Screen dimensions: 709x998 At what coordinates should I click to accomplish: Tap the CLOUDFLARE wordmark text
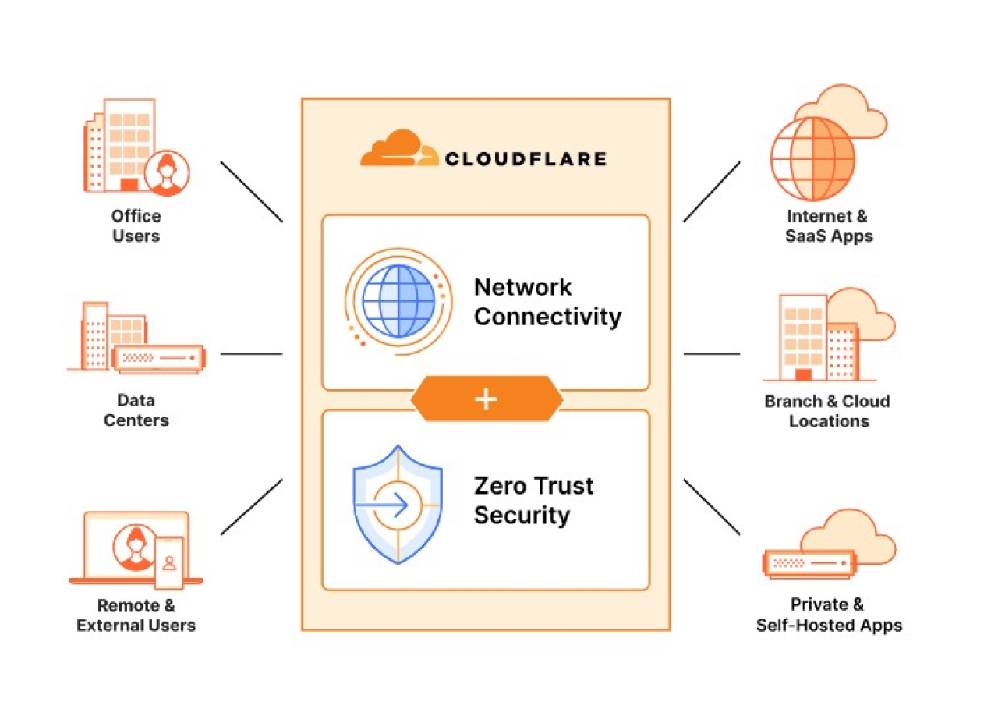pyautogui.click(x=526, y=159)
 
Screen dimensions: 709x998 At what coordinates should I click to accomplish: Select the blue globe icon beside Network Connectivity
pyautogui.click(x=398, y=300)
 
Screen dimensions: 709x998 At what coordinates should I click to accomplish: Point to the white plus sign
pyautogui.click(x=486, y=399)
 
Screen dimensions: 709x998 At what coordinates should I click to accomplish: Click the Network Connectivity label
pyautogui.click(x=547, y=302)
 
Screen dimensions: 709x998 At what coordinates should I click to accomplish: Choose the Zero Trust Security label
pyautogui.click(x=533, y=500)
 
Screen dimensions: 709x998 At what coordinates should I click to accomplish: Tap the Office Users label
pyautogui.click(x=136, y=225)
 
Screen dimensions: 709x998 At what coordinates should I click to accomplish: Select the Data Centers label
pyautogui.click(x=136, y=410)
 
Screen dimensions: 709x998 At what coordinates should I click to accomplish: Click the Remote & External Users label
pyautogui.click(x=136, y=615)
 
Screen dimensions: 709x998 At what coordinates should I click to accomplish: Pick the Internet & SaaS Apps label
pyautogui.click(x=829, y=226)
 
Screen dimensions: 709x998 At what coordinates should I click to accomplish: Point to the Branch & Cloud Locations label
pyautogui.click(x=828, y=411)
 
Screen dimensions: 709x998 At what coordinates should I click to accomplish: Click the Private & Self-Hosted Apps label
pyautogui.click(x=829, y=615)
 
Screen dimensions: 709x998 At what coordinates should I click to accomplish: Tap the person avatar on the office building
pyautogui.click(x=167, y=172)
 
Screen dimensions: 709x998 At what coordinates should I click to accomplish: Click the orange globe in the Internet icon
pyautogui.click(x=812, y=159)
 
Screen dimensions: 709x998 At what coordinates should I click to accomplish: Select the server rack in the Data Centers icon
pyautogui.click(x=158, y=358)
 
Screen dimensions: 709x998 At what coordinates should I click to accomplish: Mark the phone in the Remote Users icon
pyautogui.click(x=169, y=562)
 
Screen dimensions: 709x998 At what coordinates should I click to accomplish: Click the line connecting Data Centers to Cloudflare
pyautogui.click(x=251, y=353)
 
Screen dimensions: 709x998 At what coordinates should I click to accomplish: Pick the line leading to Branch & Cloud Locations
pyautogui.click(x=711, y=353)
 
